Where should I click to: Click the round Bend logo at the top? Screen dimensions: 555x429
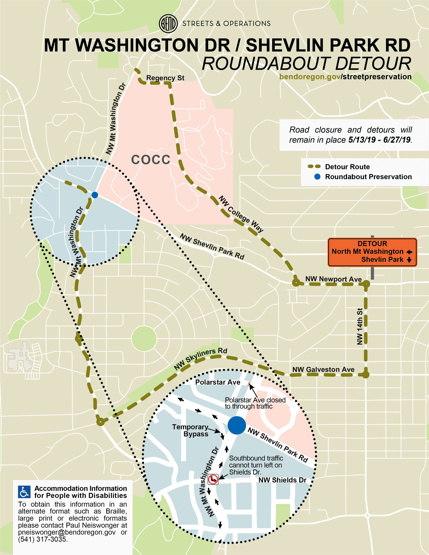168,24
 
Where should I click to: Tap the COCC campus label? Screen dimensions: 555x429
150,160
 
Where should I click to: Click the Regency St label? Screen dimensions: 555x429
165,78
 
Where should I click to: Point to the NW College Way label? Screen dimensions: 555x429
241,214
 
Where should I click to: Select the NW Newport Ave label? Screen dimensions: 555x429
333,279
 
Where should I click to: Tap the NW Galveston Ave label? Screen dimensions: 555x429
323,369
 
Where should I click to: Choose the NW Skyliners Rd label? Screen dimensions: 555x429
200,359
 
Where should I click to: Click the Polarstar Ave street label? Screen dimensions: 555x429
218,382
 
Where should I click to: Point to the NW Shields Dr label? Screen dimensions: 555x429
282,480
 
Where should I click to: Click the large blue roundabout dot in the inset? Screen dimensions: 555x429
237,425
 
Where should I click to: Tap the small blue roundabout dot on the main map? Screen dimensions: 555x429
95,195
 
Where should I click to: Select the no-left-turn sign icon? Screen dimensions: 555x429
213,479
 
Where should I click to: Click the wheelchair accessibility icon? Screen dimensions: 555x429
24,492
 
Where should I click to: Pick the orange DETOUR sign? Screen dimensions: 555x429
372,252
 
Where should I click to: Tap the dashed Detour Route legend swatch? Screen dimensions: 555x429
314,167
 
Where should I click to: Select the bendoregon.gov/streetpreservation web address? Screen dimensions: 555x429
345,77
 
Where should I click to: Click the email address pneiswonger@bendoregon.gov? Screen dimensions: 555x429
67,532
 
